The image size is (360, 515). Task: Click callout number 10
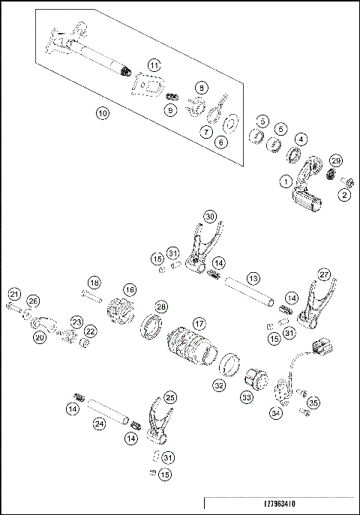tap(103, 113)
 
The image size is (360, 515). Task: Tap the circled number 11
tap(153, 65)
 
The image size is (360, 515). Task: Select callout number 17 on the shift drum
tap(198, 323)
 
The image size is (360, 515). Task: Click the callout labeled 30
tap(211, 216)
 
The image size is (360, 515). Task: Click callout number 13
tap(253, 278)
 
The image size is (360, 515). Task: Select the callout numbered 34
tap(276, 412)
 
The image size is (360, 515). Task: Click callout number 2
tap(344, 195)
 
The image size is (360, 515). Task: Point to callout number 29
tap(336, 161)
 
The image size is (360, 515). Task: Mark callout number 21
tap(14, 293)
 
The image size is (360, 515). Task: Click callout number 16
tap(130, 289)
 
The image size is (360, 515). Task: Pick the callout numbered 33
tap(245, 397)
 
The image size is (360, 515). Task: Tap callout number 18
tap(94, 282)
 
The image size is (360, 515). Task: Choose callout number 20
tap(39, 338)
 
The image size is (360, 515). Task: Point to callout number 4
tap(300, 139)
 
